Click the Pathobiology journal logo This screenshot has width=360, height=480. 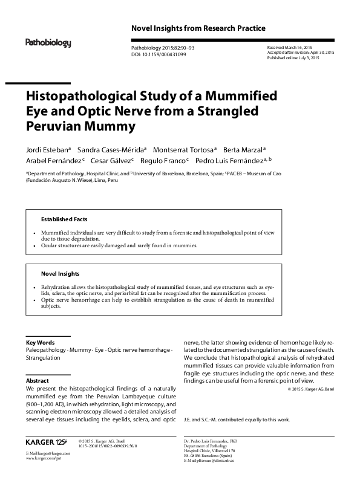tap(48, 43)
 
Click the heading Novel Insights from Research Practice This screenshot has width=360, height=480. tap(198, 28)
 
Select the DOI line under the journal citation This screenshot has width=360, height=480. tap(159, 54)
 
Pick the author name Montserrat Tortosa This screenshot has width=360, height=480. tap(184, 149)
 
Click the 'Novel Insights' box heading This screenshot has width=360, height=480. tap(59, 273)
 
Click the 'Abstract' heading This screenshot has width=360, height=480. tap(37, 381)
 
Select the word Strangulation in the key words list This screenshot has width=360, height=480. tap(43, 358)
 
